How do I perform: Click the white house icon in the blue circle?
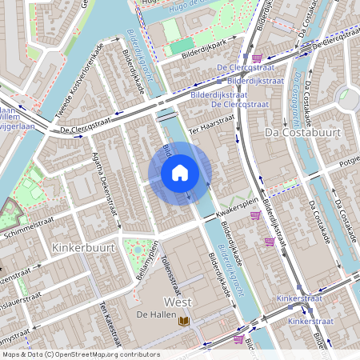pos(180,173)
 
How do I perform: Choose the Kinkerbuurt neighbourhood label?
pos(83,248)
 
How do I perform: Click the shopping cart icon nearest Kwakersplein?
pos(255,214)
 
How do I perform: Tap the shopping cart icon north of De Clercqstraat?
pos(257,58)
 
